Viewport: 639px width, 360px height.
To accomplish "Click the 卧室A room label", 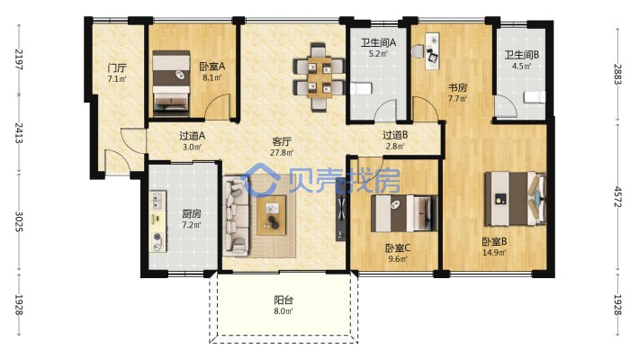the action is (211, 66).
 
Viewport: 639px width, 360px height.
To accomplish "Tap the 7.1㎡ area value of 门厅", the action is (117, 78).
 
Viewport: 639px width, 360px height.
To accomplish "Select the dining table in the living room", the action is (319, 77).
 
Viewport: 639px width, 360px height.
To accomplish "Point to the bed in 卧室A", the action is (171, 81).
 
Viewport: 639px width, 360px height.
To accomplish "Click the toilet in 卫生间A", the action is (361, 88).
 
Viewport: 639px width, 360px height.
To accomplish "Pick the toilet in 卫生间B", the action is (534, 97).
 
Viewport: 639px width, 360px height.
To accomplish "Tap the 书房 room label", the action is (458, 87).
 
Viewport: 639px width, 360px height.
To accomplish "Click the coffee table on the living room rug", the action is (272, 215).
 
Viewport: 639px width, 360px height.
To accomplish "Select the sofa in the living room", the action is (236, 215).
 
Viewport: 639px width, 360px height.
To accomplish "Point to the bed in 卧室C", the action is (404, 213).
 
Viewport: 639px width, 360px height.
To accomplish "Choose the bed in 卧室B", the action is (515, 199).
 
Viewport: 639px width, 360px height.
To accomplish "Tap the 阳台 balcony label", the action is (283, 301).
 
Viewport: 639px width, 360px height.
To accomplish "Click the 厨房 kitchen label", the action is (192, 213).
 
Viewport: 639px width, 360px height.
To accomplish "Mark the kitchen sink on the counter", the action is (157, 199).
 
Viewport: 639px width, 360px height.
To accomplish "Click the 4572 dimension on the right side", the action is (617, 196).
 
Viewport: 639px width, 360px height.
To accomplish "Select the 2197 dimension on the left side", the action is (19, 59).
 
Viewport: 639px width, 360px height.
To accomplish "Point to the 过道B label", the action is (395, 134).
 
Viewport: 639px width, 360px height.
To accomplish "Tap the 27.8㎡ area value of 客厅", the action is (282, 153).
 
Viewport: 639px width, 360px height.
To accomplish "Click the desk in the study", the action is (433, 51).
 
